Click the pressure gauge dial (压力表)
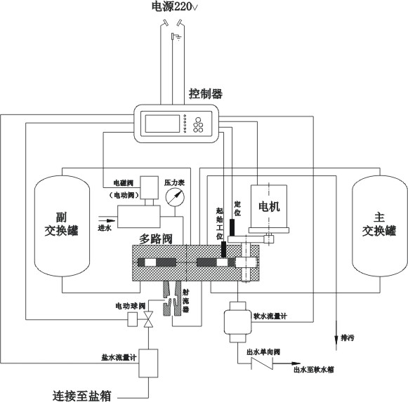(x=175, y=197)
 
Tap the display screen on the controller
(x=162, y=123)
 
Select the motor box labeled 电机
(x=269, y=206)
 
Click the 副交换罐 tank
(x=62, y=226)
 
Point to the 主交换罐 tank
(x=380, y=226)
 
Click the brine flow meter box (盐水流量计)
(x=148, y=363)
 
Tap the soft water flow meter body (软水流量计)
(x=238, y=322)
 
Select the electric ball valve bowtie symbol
(x=149, y=319)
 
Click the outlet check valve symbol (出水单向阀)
(x=262, y=363)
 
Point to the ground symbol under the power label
(x=176, y=37)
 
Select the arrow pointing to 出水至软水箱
(x=287, y=363)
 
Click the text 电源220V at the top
(x=175, y=7)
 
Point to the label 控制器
(x=206, y=93)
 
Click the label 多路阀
(x=156, y=239)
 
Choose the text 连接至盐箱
(x=82, y=396)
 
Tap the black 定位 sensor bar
(x=232, y=228)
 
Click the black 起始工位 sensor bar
(x=223, y=249)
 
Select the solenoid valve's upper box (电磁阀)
(x=149, y=187)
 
